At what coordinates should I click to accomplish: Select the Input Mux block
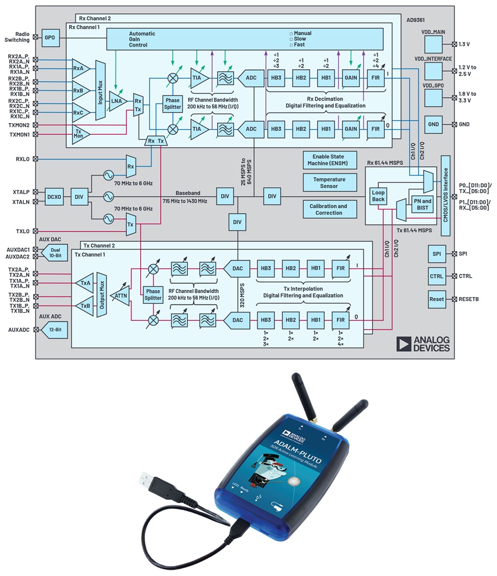point(101,91)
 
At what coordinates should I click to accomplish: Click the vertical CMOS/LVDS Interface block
point(445,189)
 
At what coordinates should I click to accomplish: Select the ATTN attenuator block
point(121,296)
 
